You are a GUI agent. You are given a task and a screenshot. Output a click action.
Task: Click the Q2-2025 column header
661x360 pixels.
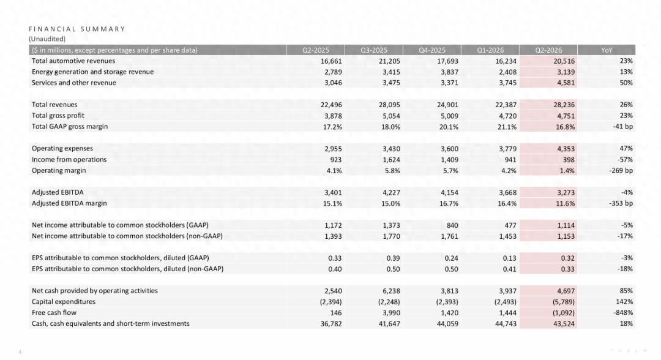click(315, 50)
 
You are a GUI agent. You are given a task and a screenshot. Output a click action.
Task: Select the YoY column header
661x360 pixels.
click(606, 50)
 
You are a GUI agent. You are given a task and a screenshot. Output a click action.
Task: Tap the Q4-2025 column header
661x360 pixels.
click(431, 50)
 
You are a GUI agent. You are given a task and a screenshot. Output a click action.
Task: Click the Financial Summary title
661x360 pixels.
click(77, 29)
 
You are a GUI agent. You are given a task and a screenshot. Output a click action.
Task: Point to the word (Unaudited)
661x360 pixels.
click(47, 39)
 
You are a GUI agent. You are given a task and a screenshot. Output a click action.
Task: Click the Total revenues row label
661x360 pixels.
click(54, 105)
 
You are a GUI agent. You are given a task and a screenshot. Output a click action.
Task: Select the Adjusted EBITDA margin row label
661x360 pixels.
click(69, 203)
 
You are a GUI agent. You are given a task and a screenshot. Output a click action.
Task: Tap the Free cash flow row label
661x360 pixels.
click(54, 312)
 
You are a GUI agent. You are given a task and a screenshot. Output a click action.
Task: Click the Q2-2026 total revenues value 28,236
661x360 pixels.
click(564, 105)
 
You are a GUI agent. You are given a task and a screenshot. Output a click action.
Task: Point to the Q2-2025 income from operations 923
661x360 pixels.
click(335, 160)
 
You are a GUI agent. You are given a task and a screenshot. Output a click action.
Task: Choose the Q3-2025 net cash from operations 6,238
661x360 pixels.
click(391, 291)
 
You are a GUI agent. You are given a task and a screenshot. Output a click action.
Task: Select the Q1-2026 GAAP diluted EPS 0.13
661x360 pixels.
click(509, 258)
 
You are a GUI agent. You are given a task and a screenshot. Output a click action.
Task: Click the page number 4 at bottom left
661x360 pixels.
click(20, 352)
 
